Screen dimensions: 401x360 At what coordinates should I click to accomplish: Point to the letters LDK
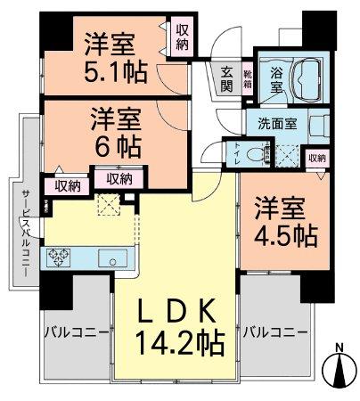tap(175, 312)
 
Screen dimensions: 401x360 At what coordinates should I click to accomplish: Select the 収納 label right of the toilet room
tap(317, 158)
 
